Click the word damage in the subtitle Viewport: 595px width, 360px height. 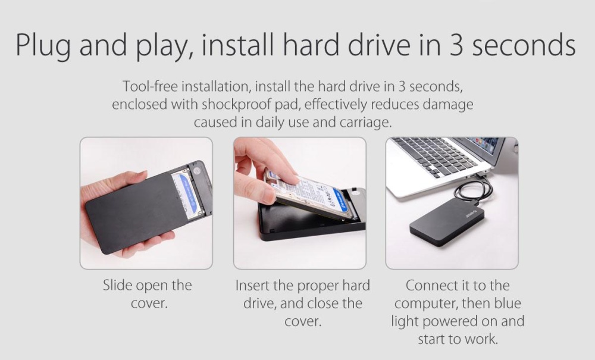point(448,105)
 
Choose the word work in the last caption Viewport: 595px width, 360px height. point(483,339)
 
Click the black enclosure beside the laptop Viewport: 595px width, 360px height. point(447,221)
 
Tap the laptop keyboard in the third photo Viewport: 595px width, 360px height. point(436,156)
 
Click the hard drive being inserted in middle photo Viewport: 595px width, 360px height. point(311,194)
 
